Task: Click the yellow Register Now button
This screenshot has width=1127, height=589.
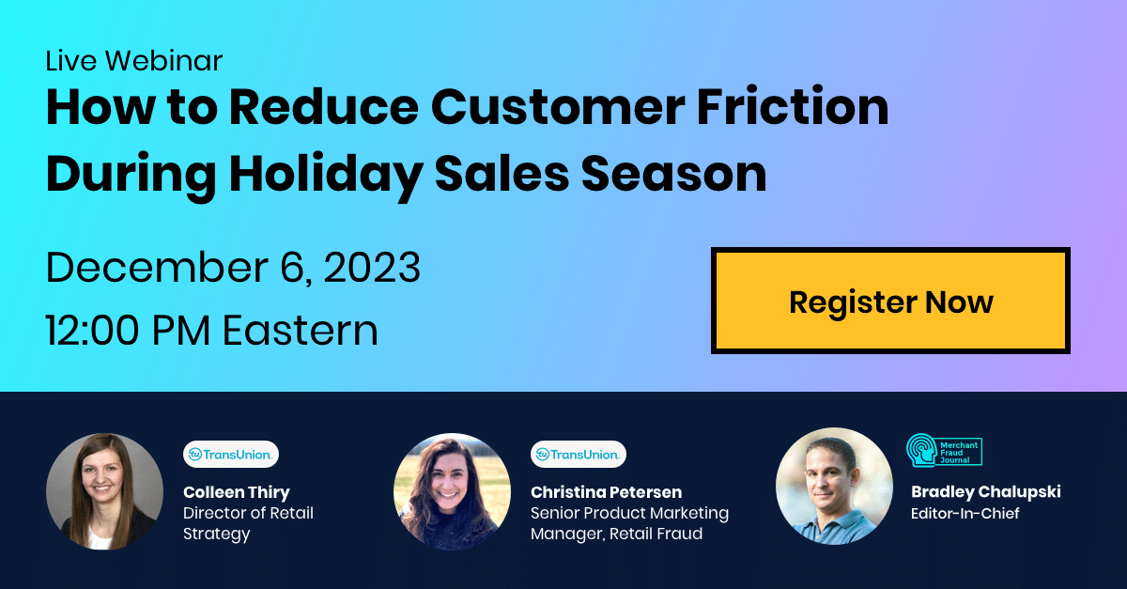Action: pos(890,301)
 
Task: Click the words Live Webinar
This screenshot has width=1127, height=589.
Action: pos(133,61)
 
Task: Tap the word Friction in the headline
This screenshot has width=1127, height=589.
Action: pos(793,107)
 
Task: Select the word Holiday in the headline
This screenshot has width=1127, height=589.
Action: pos(326,174)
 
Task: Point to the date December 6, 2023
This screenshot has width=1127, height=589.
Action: pos(233,268)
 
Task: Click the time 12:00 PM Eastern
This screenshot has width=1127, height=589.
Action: pos(212,331)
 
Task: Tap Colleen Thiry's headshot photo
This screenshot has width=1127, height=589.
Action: pos(104,491)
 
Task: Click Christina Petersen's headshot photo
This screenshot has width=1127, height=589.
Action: pos(452,491)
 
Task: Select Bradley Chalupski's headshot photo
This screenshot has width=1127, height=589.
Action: pos(834,487)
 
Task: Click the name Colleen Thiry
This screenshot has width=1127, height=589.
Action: pos(237,492)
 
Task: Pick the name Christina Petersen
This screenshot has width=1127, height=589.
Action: pos(607,492)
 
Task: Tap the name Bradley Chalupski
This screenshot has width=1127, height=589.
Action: pos(985,492)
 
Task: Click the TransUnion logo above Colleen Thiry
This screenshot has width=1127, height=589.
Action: pos(231,454)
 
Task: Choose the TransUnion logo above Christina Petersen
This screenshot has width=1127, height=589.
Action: pos(579,454)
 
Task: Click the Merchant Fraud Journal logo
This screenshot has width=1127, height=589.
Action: pos(945,451)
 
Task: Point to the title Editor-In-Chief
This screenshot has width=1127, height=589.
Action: pos(965,513)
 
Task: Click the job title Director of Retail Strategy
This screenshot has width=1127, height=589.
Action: pos(248,523)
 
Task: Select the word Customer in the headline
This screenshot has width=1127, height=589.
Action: pos(558,107)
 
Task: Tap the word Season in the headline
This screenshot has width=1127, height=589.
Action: pos(673,174)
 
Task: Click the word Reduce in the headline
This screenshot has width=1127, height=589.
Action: pos(324,107)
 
